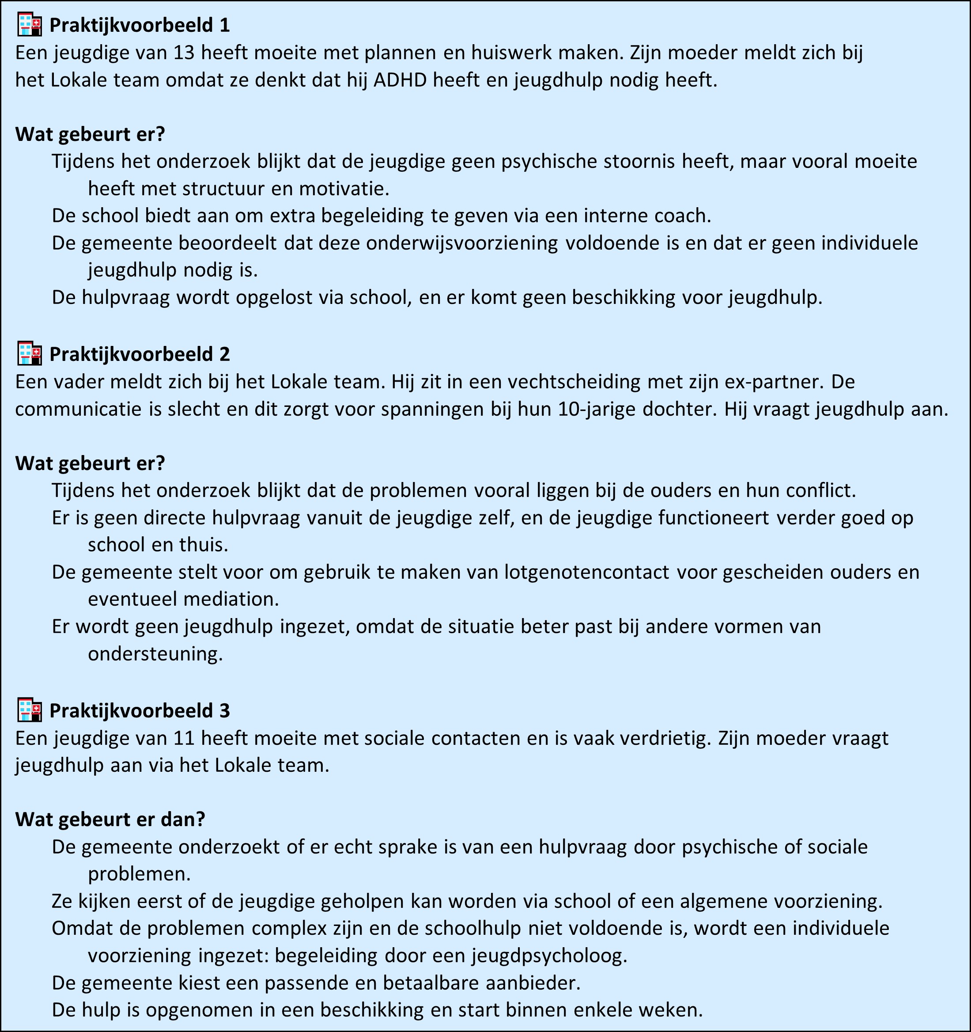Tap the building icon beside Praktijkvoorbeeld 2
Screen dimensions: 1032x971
tap(29, 354)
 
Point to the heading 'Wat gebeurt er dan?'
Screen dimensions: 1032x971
tap(110, 819)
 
